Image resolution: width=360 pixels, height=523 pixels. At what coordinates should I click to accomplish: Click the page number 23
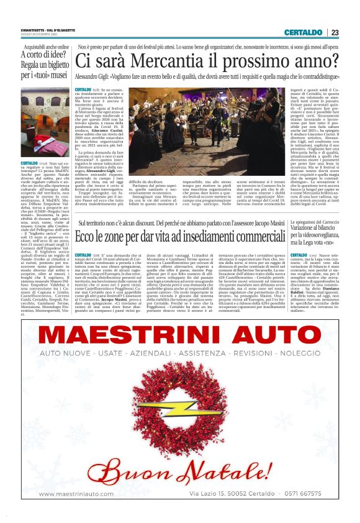(335, 32)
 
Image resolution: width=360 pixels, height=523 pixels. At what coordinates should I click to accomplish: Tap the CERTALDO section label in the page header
(303, 32)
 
